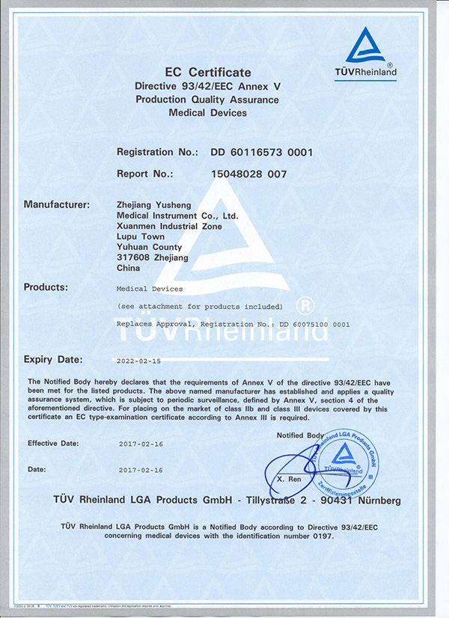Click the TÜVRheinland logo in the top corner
pyautogui.click(x=370, y=54)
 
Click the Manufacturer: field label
pyautogui.click(x=57, y=204)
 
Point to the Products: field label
pyautogui.click(x=46, y=287)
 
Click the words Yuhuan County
pyautogui.click(x=150, y=247)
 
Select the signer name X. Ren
pyautogui.click(x=289, y=476)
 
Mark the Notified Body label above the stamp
pyautogui.click(x=300, y=435)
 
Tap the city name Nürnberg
pyautogui.click(x=376, y=500)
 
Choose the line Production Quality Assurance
pyautogui.click(x=207, y=100)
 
